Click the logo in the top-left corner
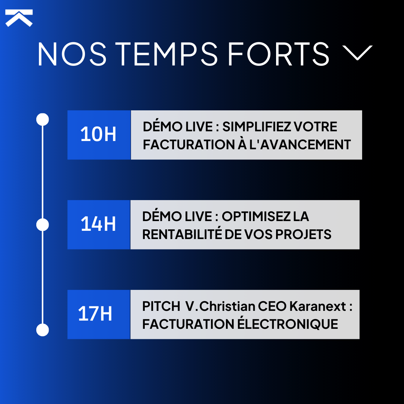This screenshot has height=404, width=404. coord(19,18)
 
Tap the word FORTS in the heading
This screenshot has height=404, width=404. coord(279,54)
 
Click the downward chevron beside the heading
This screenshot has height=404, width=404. coord(358,53)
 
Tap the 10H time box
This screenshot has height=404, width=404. coord(99,135)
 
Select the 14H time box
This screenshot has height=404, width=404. coord(99,224)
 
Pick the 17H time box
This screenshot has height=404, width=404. coord(99,314)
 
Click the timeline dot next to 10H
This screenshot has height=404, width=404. coord(43,120)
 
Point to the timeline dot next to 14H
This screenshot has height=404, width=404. coord(43,225)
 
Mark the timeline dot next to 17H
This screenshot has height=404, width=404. coord(43,330)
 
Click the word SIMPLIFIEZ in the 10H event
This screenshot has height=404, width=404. coord(256,127)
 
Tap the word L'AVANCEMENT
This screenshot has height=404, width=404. coord(303,144)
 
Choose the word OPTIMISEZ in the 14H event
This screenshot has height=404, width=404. coord(254,217)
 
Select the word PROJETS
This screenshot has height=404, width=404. coord(303,234)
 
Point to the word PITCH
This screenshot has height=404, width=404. coord(161,306)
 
